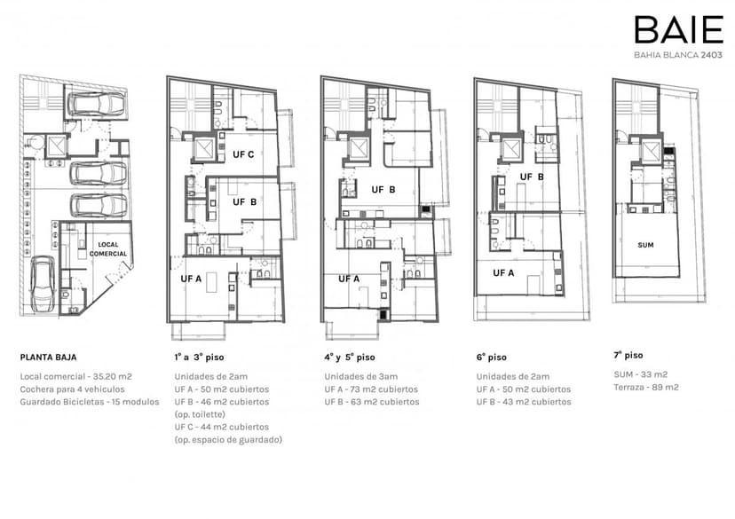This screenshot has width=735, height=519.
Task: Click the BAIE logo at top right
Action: (679, 29)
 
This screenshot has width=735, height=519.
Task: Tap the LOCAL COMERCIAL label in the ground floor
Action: (108, 249)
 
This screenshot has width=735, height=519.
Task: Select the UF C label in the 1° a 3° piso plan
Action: (243, 154)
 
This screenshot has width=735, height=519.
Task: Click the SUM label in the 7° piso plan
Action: (645, 245)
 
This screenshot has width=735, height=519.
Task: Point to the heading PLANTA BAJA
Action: (48, 358)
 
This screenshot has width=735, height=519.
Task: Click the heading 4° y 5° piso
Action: (350, 358)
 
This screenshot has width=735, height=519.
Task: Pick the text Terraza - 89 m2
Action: (646, 388)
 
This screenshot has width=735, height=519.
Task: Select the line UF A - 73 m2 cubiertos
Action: (371, 389)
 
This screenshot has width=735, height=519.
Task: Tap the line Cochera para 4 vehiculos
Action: (72, 389)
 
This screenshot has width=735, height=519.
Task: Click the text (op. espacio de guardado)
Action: (228, 440)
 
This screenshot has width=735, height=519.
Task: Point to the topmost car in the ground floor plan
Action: (97, 104)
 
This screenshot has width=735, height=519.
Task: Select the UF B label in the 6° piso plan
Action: (532, 177)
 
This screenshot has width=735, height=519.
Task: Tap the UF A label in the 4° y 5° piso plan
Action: (349, 279)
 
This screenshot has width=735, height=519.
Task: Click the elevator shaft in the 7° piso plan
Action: (650, 151)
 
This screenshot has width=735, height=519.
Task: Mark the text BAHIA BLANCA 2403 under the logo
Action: (678, 55)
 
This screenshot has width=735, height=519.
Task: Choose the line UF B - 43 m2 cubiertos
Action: (524, 402)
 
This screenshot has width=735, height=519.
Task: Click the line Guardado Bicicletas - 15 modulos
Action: (90, 402)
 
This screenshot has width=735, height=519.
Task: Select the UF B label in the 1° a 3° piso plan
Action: (245, 202)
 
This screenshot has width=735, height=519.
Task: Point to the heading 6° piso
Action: (491, 358)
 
